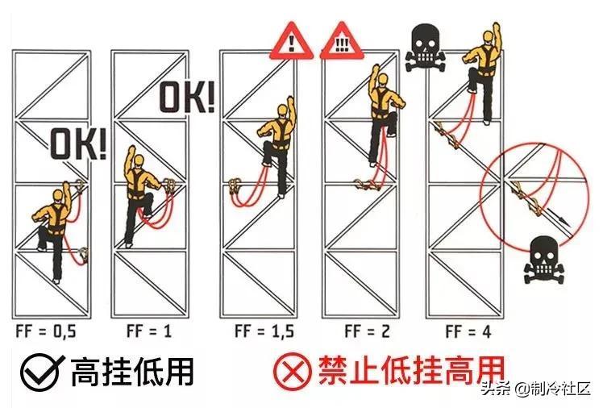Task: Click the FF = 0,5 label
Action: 46,331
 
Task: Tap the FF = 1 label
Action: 149,331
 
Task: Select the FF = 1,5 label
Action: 264,331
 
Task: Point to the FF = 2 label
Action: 368,331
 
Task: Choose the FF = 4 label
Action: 468,331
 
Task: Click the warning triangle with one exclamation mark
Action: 292,42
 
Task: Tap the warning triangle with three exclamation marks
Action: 342,42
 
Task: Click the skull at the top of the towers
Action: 426,48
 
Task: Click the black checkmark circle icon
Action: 40,372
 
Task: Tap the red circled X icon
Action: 293,372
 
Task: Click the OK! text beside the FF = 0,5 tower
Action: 78,144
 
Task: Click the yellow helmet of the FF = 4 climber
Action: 488,35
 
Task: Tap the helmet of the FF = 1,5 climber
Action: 283,111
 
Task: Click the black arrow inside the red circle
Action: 559,217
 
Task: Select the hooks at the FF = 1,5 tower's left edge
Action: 235,186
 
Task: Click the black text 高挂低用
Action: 132,372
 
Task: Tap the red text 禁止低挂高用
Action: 411,370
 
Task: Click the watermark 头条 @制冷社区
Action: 536,389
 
